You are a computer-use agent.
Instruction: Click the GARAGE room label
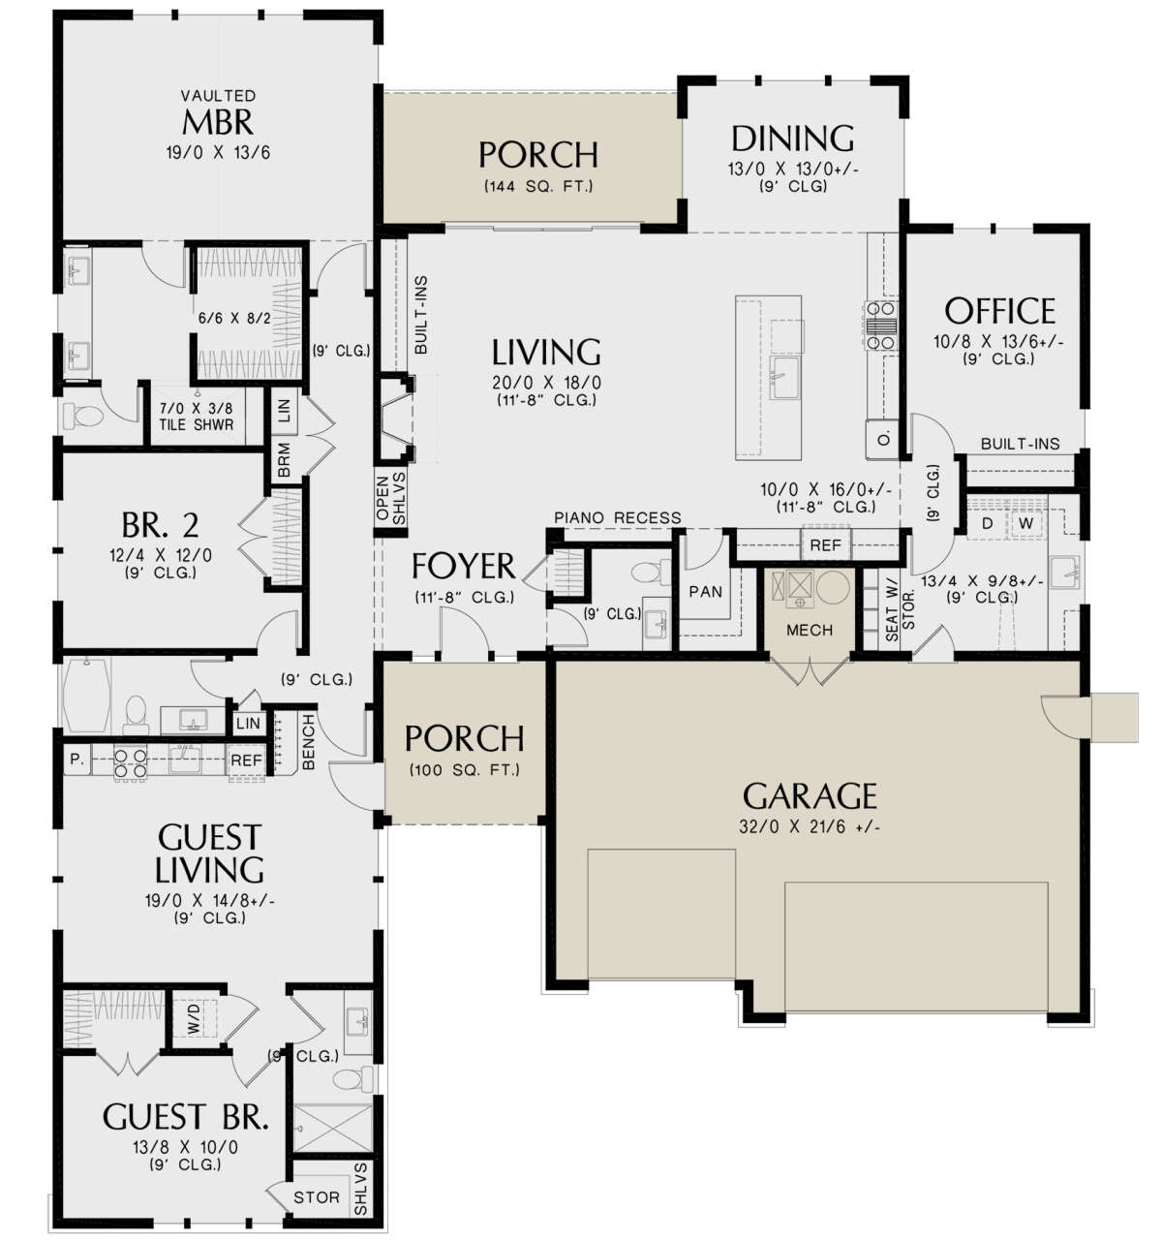tap(810, 795)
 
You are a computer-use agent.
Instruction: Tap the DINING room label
tap(792, 139)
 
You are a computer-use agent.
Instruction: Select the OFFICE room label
tap(999, 311)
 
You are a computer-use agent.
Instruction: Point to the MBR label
tap(218, 123)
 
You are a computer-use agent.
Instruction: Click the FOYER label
tap(463, 566)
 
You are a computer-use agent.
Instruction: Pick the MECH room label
tap(810, 631)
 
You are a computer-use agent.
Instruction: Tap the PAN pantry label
tap(705, 591)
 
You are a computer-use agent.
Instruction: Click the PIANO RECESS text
tap(617, 518)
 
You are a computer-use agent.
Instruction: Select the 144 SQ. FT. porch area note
tap(537, 186)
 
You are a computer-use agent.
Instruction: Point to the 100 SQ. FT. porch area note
tap(464, 770)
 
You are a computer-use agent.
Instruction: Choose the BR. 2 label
tap(161, 525)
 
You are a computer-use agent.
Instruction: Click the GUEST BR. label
tap(185, 1117)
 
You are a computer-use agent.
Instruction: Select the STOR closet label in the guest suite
tap(317, 1197)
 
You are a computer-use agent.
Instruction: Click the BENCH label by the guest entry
tap(309, 742)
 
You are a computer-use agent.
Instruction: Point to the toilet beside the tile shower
tap(83, 417)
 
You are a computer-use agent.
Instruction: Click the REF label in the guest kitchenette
tap(246, 761)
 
